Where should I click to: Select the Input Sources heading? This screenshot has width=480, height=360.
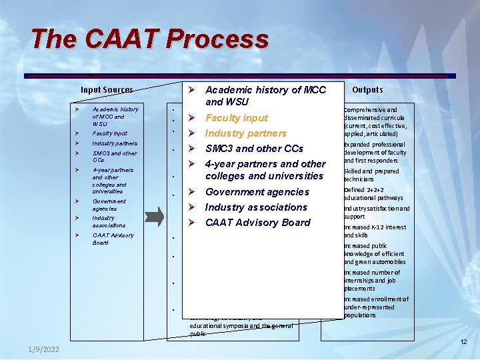click(x=107, y=90)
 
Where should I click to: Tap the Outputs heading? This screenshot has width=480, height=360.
click(x=367, y=89)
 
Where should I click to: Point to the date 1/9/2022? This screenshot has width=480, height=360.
click(x=44, y=350)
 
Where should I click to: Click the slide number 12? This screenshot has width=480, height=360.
click(x=463, y=342)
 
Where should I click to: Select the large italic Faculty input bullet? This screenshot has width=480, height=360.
click(x=237, y=118)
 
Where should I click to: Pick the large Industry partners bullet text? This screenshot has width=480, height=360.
click(x=245, y=133)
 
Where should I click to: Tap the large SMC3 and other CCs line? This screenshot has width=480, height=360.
click(x=254, y=149)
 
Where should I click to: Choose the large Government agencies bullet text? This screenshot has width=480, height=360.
click(x=257, y=192)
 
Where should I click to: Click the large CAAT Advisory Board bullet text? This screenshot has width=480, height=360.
click(x=257, y=223)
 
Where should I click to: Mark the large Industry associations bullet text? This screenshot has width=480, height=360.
click(x=256, y=207)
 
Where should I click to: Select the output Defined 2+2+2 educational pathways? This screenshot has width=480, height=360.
click(x=373, y=194)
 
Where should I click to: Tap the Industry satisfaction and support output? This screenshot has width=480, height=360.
click(x=377, y=213)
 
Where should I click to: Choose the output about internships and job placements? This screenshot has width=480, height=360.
click(x=372, y=281)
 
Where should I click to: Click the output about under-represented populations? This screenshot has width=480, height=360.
click(x=376, y=307)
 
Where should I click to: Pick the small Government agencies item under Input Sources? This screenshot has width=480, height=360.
click(x=109, y=205)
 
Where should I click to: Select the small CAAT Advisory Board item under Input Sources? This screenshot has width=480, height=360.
click(x=113, y=239)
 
